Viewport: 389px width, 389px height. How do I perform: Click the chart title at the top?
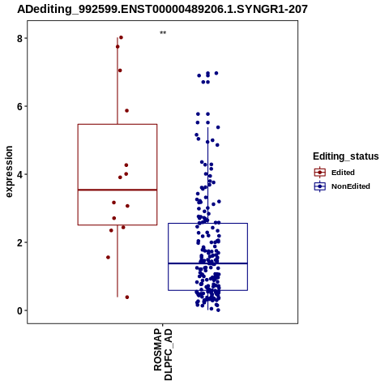(162, 9)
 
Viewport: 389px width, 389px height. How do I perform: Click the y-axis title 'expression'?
(9, 172)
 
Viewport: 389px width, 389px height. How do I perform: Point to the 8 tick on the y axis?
(19, 39)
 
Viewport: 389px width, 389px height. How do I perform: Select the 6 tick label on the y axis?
(19, 107)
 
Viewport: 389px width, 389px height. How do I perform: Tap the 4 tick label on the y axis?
(19, 175)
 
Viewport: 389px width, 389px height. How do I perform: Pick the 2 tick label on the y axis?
(19, 243)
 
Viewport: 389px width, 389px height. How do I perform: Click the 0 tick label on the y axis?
(19, 311)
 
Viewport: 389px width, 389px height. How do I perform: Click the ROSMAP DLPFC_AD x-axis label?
(163, 354)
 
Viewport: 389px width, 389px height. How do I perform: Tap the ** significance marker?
(163, 33)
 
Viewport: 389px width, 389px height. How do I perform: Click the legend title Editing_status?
(346, 156)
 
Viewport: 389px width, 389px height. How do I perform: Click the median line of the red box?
(118, 190)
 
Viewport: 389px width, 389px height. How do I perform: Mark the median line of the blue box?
(207, 263)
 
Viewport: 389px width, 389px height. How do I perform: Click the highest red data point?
(121, 37)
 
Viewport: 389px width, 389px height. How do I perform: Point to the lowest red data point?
(127, 297)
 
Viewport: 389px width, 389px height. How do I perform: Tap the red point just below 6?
(126, 110)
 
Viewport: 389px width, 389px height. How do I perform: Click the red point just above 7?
(120, 71)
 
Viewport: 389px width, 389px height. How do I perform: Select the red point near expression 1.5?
(108, 257)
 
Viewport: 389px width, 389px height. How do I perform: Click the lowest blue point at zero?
(218, 310)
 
